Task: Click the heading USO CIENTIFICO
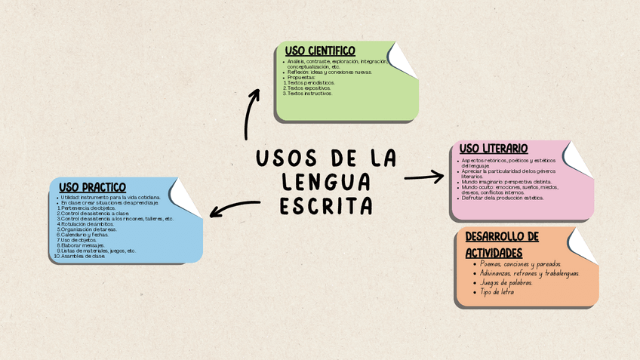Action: tap(319, 51)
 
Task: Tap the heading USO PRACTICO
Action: tap(92, 186)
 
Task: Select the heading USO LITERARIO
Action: tap(493, 149)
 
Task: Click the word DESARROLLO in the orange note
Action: tap(501, 237)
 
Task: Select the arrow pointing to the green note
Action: tap(250, 113)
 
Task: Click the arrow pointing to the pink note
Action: tap(424, 177)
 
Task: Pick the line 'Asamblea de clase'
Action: tap(82, 256)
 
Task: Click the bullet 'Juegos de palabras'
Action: tap(506, 282)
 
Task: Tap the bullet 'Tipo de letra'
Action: tap(497, 291)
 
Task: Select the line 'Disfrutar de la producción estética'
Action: tap(503, 198)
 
